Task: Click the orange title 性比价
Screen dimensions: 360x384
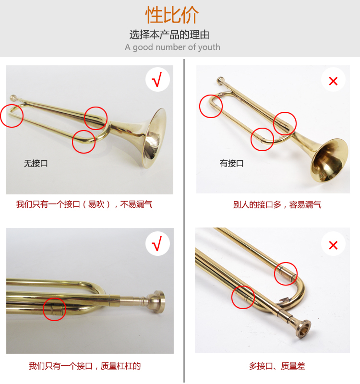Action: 172,15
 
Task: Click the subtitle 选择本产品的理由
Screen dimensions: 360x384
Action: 169,35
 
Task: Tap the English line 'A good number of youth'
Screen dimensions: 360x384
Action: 172,47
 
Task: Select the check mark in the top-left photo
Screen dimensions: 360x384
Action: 157,79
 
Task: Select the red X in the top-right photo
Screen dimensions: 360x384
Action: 333,81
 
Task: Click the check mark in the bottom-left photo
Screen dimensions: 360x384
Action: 157,243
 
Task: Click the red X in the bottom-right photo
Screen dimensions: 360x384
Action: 333,245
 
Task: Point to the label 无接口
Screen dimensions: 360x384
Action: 36,163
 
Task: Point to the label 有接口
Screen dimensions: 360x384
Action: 231,163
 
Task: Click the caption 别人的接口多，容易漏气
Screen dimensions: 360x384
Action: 277,204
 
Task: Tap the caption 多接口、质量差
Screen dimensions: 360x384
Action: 277,366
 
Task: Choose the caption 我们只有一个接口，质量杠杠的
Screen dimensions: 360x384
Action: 85,366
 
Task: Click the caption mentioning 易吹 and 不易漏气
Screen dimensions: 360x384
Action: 84,204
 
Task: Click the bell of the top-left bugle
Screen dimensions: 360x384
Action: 154,138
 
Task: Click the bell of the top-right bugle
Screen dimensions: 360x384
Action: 329,160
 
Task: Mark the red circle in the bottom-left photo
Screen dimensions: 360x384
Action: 54,309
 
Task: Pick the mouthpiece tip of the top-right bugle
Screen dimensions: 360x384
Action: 220,80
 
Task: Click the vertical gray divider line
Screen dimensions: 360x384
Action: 184,220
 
